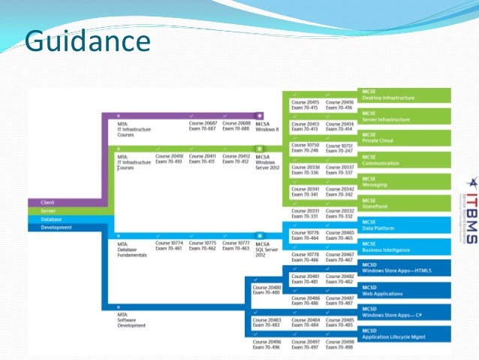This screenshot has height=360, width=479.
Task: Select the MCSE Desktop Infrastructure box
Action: [x=405, y=95]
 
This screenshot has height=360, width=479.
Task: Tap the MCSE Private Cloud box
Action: [x=405, y=138]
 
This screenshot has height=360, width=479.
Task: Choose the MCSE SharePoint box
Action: [x=405, y=203]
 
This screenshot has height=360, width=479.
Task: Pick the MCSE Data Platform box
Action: [x=405, y=225]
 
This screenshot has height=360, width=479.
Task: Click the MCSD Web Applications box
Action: [x=405, y=290]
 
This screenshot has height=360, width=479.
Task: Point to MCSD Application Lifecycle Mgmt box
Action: [x=405, y=334]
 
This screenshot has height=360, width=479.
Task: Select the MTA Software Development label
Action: [x=132, y=323]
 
